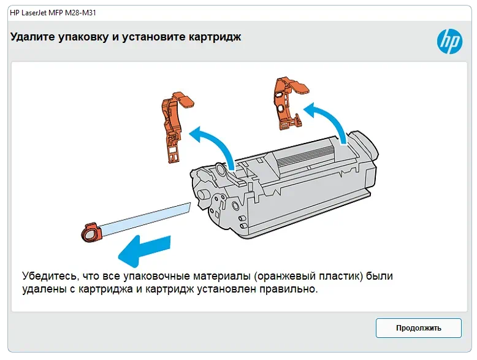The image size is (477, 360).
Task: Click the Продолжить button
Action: pos(418,327)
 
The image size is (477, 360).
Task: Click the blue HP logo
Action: pos(449,41)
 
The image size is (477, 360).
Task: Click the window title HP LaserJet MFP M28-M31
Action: pos(53,13)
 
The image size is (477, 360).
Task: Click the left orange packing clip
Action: pos(175,126)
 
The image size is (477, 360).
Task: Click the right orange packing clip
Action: pos(288,104)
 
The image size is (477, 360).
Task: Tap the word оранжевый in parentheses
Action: pos(284,276)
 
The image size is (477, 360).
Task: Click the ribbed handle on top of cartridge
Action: pos(308,151)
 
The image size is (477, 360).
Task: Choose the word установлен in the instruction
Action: pos(226,289)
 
